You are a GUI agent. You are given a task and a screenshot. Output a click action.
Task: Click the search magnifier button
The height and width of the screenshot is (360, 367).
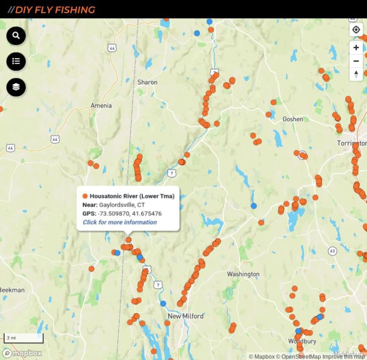click(16, 36)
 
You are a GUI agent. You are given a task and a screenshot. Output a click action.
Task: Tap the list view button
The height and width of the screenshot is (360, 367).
click(16, 61)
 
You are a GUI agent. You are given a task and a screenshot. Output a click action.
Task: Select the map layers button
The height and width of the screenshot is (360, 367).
click(16, 87)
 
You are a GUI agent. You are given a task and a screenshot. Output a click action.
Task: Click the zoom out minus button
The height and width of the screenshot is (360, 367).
click(356, 61)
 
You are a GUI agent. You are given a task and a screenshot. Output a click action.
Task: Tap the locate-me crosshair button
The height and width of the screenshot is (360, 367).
click(356, 30)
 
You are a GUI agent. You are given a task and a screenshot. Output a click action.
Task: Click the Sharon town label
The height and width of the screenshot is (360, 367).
click(147, 82)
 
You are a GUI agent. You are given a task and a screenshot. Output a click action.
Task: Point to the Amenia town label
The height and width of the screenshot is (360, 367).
click(101, 106)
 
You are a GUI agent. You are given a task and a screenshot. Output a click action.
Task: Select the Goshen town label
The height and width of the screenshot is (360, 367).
click(292, 119)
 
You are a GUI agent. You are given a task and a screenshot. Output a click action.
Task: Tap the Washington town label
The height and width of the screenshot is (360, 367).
click(243, 274)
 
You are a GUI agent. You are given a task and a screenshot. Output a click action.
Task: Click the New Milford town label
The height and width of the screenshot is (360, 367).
click(185, 316)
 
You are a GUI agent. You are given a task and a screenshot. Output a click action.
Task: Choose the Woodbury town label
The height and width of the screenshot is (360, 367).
click(302, 341)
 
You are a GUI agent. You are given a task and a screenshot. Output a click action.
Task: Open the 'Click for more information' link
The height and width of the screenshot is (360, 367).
click(119, 222)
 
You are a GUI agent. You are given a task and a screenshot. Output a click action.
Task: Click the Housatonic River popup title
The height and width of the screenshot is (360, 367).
click(132, 196)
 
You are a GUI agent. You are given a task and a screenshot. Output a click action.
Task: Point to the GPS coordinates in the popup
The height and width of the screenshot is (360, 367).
click(129, 213)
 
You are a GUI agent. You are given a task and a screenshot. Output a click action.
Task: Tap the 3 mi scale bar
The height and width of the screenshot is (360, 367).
click(23, 338)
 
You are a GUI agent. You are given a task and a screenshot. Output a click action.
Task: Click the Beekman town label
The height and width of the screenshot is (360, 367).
click(11, 290)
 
